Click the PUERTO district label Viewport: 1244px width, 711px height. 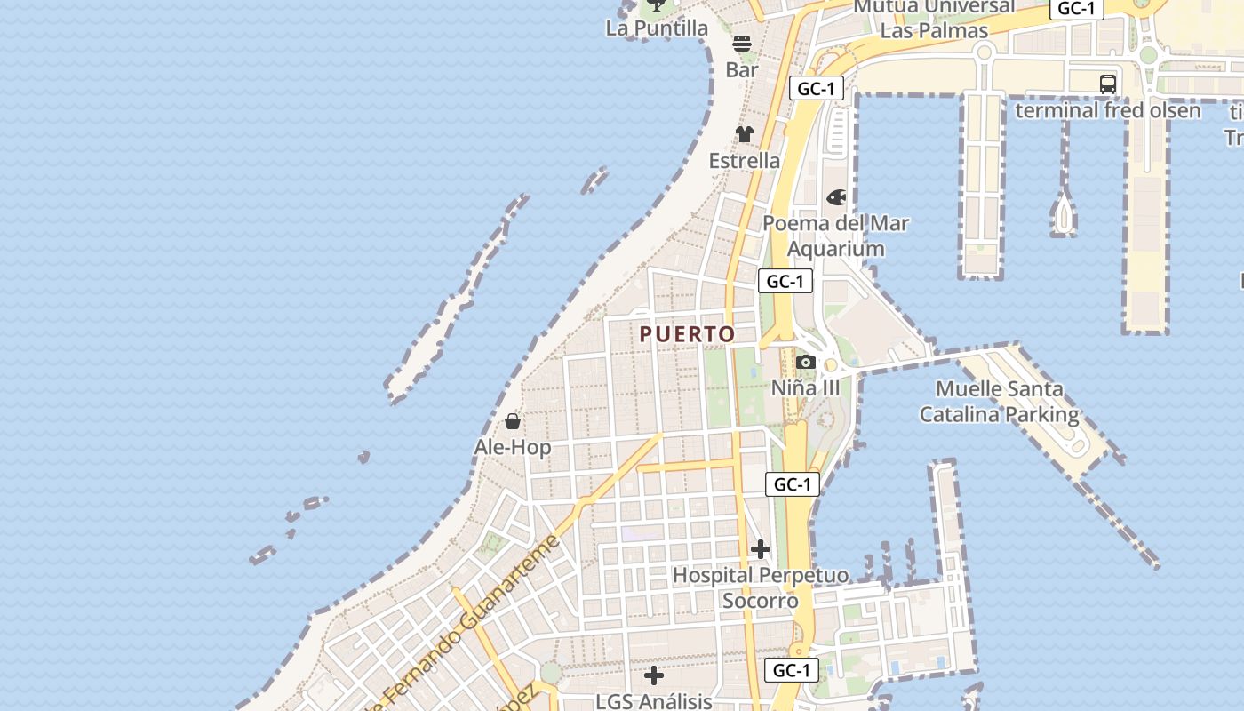point(687,334)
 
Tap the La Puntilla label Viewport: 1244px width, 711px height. point(657,28)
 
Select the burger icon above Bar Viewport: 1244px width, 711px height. point(742,44)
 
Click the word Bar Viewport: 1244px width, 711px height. point(742,69)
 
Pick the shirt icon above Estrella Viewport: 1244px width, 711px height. point(745,134)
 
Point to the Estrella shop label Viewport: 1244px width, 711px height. point(745,161)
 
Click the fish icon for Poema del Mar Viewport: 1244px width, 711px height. point(836,197)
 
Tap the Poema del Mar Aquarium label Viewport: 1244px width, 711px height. point(836,236)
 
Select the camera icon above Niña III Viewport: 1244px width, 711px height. point(806,362)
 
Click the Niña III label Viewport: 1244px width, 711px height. point(805,388)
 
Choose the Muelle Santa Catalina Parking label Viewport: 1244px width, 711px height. point(999,402)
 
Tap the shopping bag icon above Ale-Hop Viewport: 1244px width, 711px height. point(513,420)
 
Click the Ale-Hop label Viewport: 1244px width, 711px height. point(513,447)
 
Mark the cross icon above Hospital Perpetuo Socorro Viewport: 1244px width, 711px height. point(761,549)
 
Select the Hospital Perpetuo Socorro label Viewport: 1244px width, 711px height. point(761,588)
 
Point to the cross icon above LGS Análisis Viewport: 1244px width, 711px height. point(654,675)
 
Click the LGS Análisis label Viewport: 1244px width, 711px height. point(654,701)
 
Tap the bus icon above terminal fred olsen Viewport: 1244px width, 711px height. point(1108,84)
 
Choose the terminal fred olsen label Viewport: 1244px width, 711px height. point(1108,110)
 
